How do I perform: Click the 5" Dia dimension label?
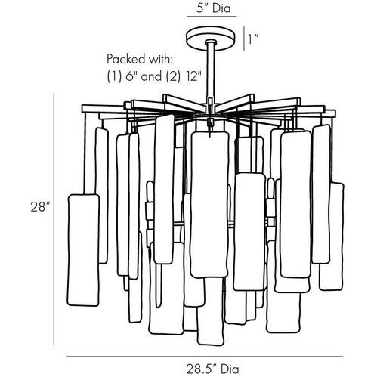tap(213, 8)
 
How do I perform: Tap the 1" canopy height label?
tap(254, 39)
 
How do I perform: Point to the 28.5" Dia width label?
tap(212, 369)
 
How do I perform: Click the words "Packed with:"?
tap(140, 59)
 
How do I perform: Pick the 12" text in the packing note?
tap(194, 76)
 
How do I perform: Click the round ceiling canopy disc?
tap(212, 40)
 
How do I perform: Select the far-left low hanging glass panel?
tap(83, 250)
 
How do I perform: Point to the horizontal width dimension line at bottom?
tap(205, 357)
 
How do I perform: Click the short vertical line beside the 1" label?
tap(244, 39)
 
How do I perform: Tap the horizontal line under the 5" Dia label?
tap(212, 17)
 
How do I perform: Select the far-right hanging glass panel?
tap(332, 236)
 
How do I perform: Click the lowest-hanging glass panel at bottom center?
tap(211, 311)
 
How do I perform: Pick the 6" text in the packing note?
tap(129, 76)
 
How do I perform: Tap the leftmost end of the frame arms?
tap(82, 109)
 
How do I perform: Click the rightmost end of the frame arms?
tap(335, 113)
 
